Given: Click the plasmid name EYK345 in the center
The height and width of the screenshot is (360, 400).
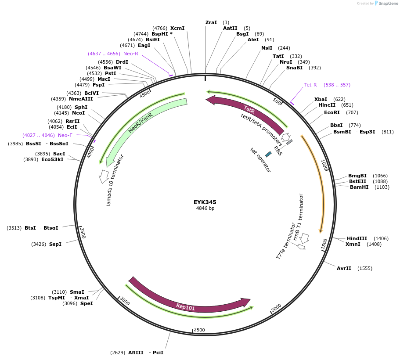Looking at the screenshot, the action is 205,202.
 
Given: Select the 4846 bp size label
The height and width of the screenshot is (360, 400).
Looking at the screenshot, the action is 205,209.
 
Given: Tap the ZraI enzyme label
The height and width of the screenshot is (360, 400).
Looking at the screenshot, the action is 211,22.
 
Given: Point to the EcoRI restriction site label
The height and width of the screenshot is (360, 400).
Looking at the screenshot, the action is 332,112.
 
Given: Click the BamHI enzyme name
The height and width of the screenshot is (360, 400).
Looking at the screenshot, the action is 359,187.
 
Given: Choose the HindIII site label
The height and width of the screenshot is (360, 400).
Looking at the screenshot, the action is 357,238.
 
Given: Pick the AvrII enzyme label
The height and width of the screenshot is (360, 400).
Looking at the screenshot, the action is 344,268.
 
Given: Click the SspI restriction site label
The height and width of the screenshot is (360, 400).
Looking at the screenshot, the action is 55,244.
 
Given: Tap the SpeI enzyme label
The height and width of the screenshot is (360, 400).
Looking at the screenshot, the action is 86,303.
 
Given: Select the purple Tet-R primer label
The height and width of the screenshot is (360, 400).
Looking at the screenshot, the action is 310,85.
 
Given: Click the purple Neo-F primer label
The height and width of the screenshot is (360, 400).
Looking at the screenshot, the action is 65,135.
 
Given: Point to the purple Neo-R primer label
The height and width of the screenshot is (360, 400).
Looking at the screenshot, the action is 131,54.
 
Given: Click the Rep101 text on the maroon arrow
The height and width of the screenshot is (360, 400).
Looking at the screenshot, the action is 185,307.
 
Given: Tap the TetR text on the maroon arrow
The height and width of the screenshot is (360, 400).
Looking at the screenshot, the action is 249,109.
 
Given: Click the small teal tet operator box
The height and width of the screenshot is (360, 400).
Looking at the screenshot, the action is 268,154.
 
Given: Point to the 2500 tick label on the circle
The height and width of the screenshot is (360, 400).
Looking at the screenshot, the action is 199,330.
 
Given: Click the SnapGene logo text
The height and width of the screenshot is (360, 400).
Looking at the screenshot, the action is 388,4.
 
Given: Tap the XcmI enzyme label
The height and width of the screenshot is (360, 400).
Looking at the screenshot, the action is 177,28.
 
